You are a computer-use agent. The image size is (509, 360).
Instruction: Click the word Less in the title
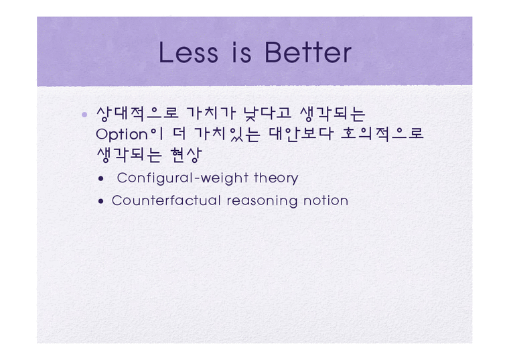[x=188, y=53]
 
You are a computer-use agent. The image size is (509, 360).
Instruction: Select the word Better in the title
[x=308, y=53]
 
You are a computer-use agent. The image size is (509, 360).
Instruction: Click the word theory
[x=276, y=178]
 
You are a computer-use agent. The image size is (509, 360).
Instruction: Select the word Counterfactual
[x=167, y=200]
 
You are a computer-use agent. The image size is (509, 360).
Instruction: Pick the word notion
[x=326, y=200]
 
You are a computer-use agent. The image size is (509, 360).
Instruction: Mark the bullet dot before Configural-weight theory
[x=100, y=179]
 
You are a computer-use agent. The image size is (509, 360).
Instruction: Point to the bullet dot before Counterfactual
[x=101, y=201]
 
